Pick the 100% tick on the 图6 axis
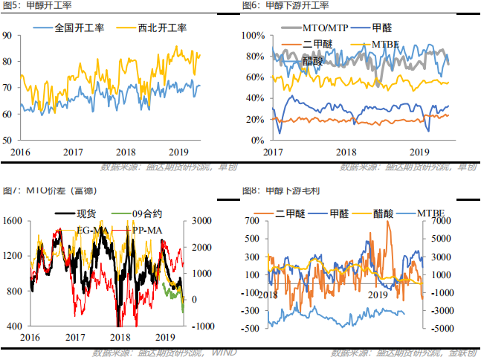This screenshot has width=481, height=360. [x=254, y=36]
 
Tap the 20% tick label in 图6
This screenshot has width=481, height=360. [x=256, y=119]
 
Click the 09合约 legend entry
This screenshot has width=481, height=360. [x=147, y=215]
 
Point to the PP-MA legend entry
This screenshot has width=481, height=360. [x=145, y=231]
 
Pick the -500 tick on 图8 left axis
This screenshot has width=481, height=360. [x=253, y=328]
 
